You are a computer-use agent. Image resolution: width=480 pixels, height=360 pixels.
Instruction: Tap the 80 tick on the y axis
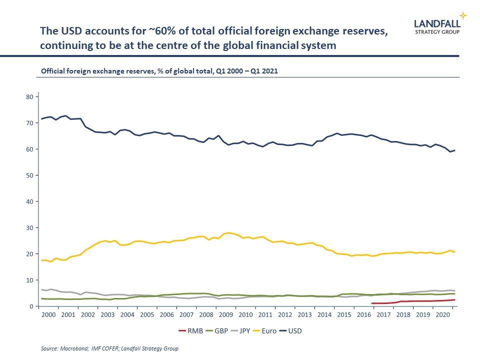30,96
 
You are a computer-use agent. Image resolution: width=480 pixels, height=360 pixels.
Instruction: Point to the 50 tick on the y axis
30,175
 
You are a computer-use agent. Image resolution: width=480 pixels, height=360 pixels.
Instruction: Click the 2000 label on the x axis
48,315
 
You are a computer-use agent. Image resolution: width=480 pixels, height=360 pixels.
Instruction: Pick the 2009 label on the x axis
226,315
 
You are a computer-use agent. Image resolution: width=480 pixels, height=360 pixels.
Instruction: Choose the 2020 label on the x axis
442,315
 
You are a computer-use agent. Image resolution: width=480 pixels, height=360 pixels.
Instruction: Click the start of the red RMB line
372,303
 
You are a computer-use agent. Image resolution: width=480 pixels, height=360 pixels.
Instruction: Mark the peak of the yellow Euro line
229,232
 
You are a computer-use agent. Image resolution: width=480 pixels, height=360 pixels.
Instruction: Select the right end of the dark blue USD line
454,150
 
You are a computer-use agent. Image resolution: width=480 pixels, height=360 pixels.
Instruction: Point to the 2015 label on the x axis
344,315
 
